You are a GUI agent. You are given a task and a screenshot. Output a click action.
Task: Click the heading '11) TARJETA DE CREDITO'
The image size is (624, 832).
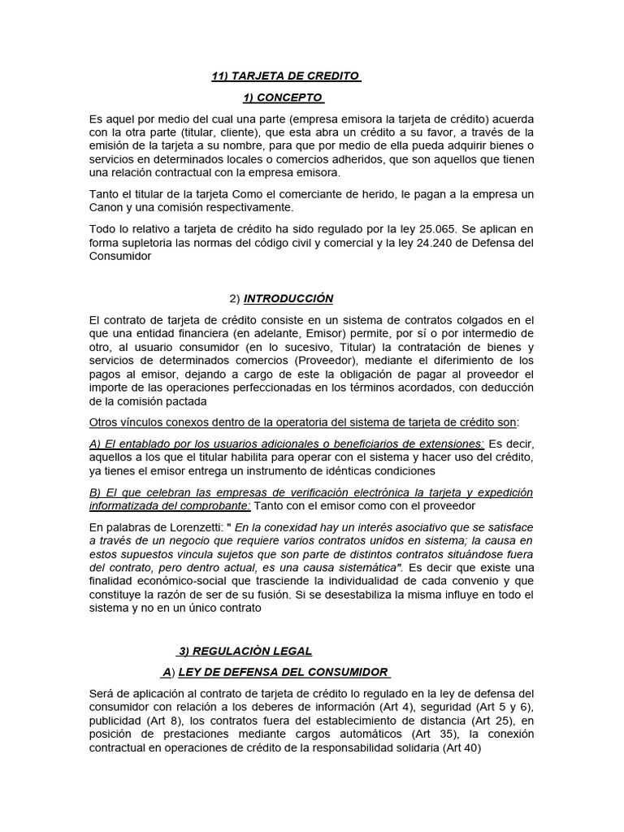(x=285, y=76)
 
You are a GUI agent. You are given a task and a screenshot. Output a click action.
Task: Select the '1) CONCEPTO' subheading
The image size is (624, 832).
(x=283, y=97)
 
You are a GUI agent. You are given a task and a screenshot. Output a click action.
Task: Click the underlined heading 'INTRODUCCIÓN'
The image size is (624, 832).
(x=288, y=298)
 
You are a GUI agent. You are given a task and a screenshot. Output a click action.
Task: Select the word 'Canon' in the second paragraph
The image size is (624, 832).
(x=108, y=208)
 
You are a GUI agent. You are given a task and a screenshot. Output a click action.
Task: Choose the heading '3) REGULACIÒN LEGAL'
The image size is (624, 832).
(x=244, y=651)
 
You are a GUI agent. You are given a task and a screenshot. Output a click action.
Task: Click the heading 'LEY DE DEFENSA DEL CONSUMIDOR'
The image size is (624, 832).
(x=283, y=672)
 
